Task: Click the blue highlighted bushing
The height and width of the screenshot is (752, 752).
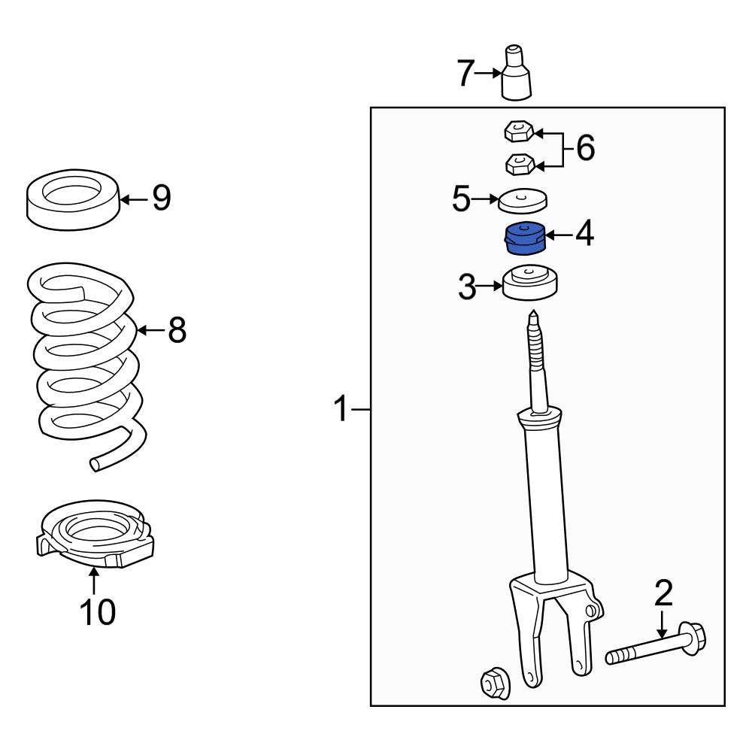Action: [x=524, y=239]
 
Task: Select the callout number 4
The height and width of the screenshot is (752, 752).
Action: [x=584, y=235]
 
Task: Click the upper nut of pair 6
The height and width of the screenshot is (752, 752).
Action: [x=517, y=133]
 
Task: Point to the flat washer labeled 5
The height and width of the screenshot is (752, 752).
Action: [x=523, y=201]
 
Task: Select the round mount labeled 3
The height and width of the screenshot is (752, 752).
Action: [x=531, y=284]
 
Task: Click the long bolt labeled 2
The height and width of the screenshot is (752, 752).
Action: [x=654, y=647]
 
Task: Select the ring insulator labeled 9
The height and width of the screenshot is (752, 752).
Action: [x=74, y=199]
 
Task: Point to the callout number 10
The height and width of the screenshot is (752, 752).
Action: [x=98, y=612]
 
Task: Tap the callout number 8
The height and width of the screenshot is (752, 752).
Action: [x=176, y=329]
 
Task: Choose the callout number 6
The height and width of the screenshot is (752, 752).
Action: [x=584, y=148]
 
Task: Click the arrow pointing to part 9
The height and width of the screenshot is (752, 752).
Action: [x=135, y=199]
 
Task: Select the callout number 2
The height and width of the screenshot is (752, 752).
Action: [x=663, y=594]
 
